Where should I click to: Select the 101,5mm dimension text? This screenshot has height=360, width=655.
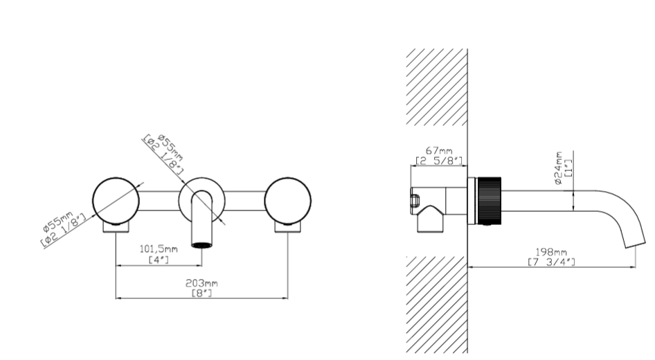(159, 249)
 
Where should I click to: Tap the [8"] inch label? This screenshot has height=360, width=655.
(201, 294)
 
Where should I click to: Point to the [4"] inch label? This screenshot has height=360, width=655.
(159, 259)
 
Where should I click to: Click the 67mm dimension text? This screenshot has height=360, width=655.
(439, 150)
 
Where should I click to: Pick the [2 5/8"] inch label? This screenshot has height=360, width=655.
(439, 161)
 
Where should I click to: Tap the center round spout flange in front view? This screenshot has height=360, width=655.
(201, 199)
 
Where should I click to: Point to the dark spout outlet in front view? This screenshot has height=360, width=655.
(201, 244)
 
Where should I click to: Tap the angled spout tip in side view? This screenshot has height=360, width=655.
(634, 238)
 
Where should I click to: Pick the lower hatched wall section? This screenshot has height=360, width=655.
(436, 305)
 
